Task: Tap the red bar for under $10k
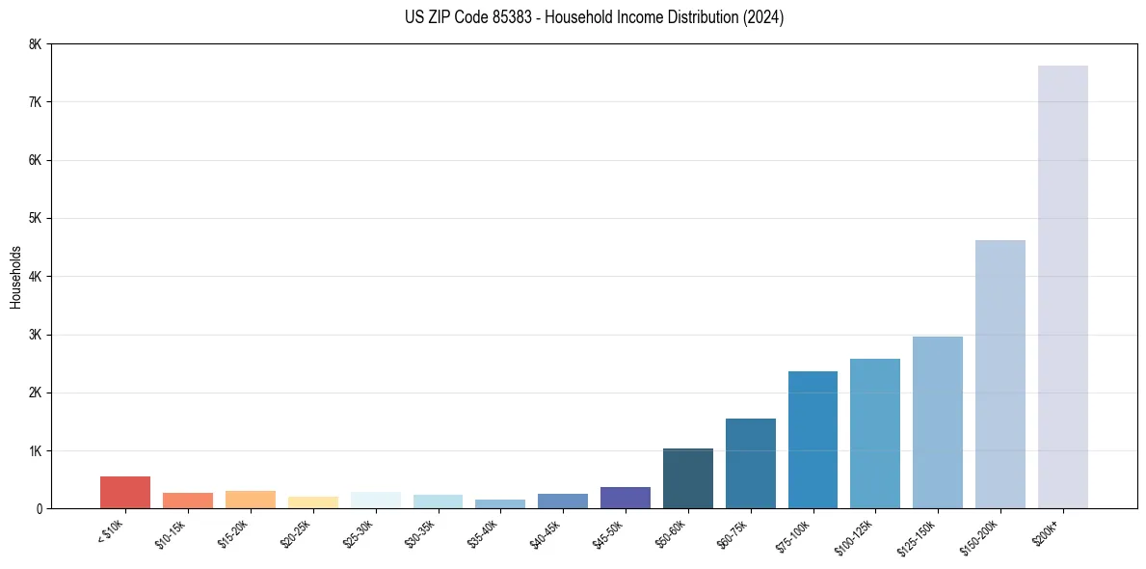(125, 492)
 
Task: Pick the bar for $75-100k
(813, 440)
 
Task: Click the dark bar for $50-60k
(687, 478)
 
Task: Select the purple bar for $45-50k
(625, 498)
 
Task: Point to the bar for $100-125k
(875, 433)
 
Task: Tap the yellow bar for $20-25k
(312, 502)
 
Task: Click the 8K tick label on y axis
(36, 44)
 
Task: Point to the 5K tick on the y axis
(36, 219)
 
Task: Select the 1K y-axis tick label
(36, 451)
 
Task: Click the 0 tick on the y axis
(39, 509)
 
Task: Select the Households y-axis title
(16, 277)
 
